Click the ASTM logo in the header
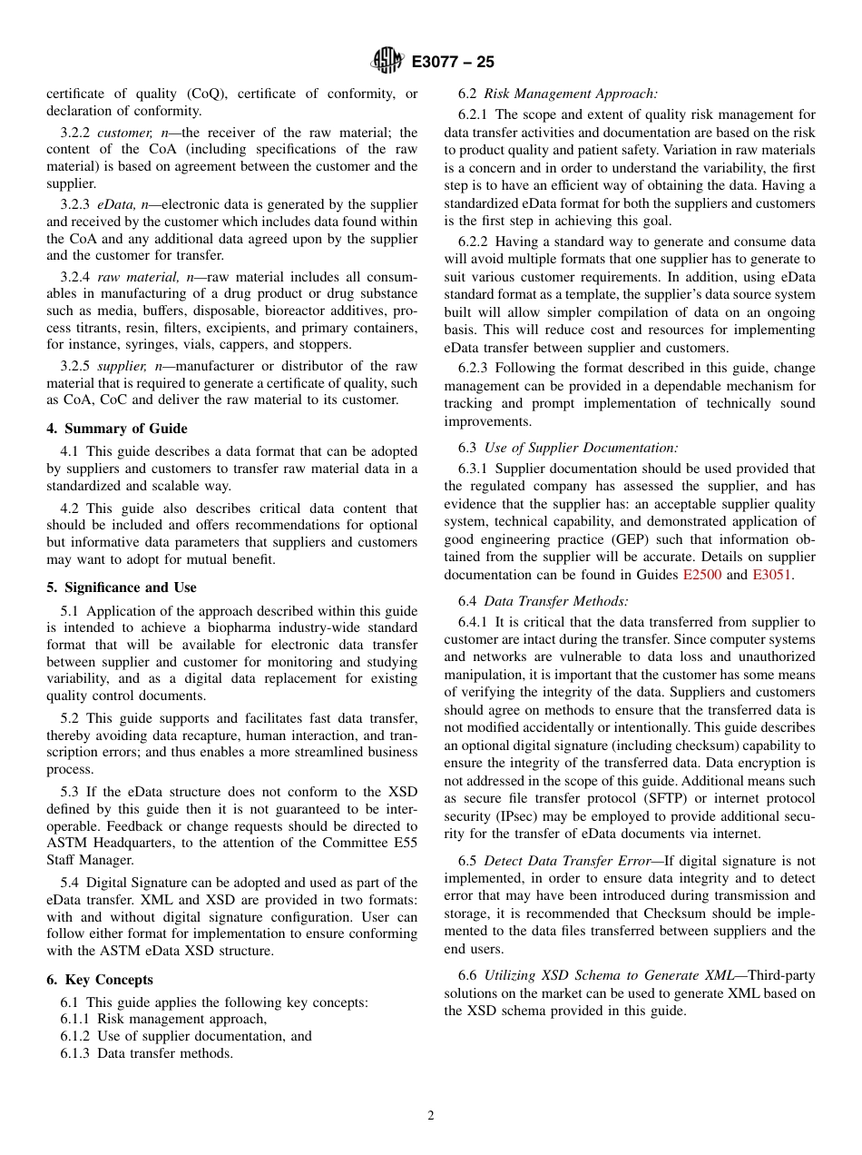(387, 61)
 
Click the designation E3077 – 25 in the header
(453, 62)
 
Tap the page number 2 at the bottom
(431, 1116)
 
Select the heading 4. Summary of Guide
(117, 429)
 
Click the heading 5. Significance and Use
(122, 587)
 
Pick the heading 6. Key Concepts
(100, 980)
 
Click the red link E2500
(701, 575)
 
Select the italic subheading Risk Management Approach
(571, 94)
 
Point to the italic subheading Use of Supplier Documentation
(581, 448)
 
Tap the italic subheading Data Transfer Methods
(555, 601)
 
